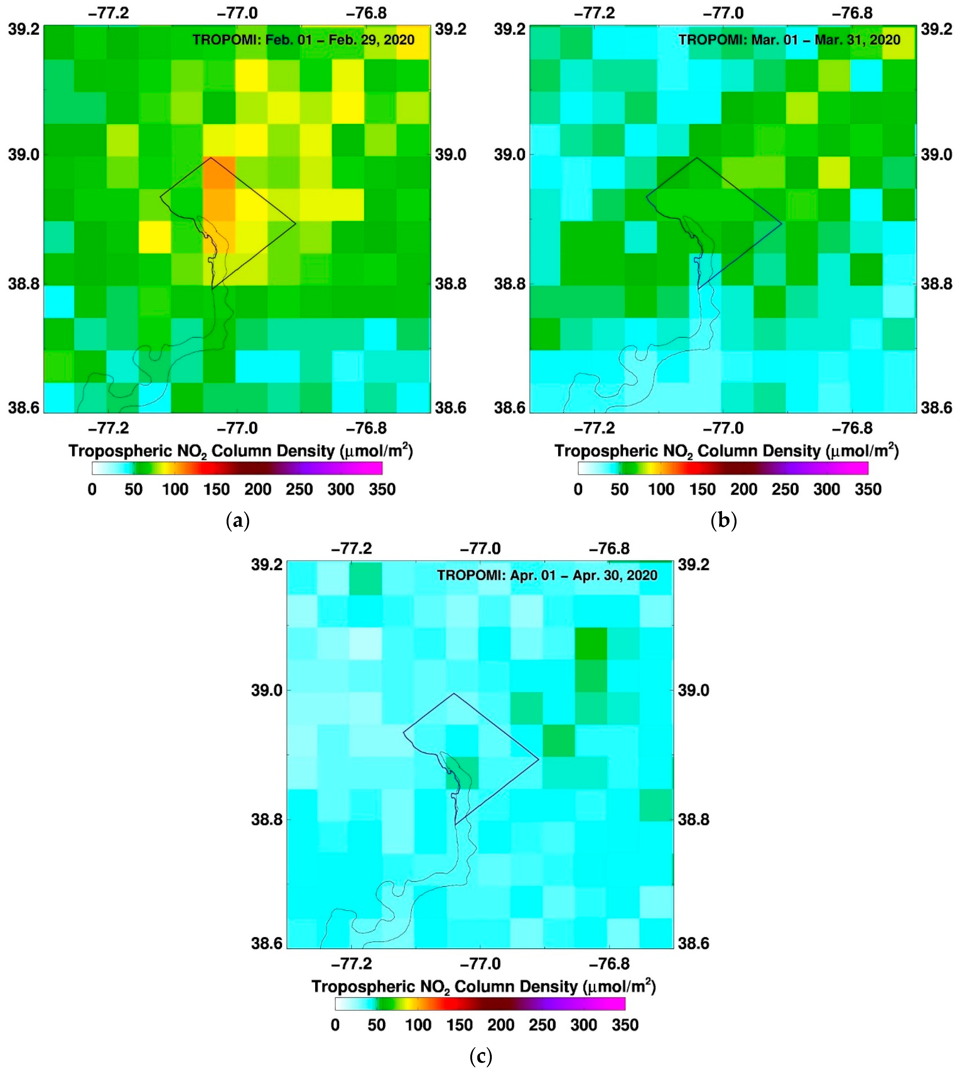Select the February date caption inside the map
303,40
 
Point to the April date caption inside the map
547,575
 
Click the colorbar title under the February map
240,451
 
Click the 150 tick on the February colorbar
216,490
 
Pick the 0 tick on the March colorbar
578,490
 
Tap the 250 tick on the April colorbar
542,1025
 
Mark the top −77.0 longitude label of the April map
480,549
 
